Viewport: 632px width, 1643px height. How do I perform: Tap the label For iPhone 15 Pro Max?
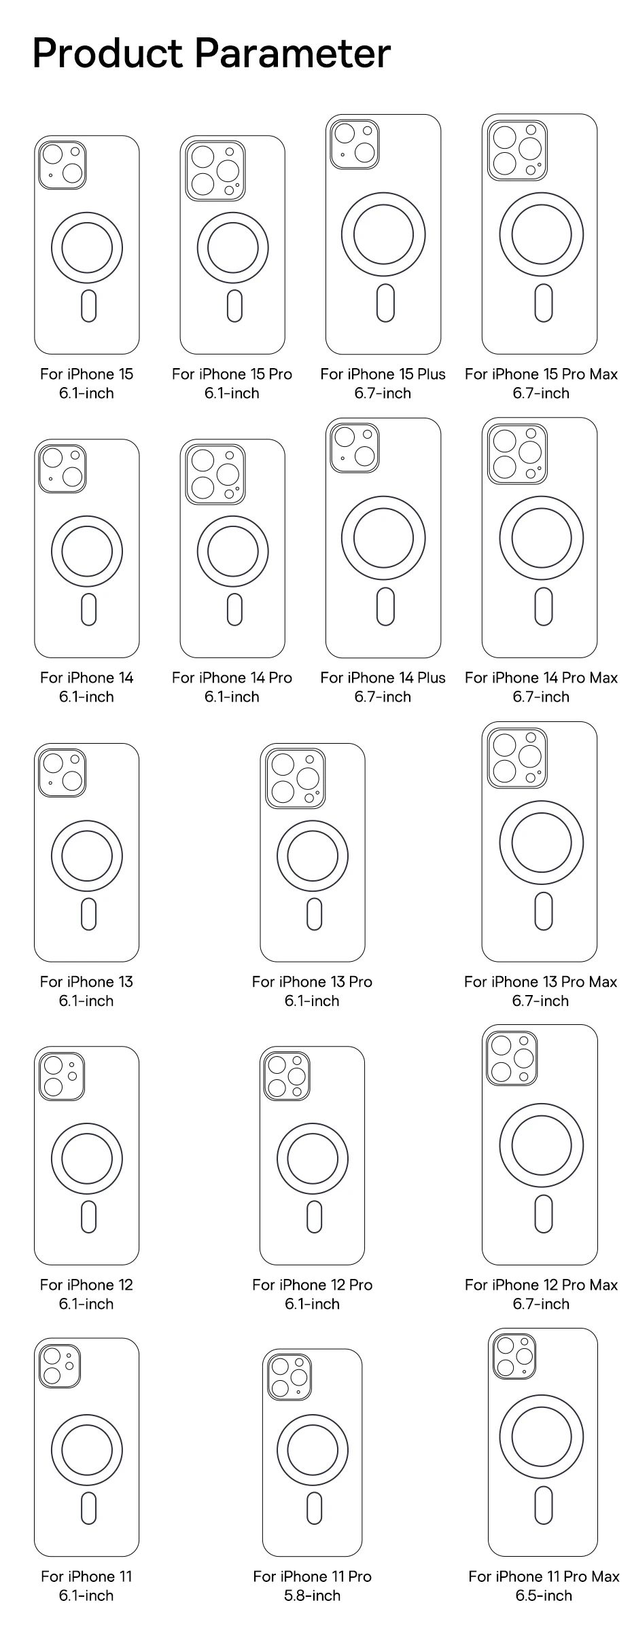541,374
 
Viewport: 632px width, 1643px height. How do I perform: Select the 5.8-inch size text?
312,1595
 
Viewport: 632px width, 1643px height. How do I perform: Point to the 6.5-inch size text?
543,1595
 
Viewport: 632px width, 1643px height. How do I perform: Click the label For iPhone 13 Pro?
312,981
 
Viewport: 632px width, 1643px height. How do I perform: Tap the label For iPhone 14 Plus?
383,678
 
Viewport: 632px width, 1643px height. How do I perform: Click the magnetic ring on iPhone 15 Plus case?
383,234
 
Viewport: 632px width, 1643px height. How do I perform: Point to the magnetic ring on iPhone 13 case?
87,856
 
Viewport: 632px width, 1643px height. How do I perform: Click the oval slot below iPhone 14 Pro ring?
234,609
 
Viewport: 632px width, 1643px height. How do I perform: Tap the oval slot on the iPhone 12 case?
88,1216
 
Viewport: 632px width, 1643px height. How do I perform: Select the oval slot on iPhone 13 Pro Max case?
543,911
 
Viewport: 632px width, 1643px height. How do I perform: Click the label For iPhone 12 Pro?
312,1284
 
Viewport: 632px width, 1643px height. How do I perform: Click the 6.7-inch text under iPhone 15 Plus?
383,393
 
